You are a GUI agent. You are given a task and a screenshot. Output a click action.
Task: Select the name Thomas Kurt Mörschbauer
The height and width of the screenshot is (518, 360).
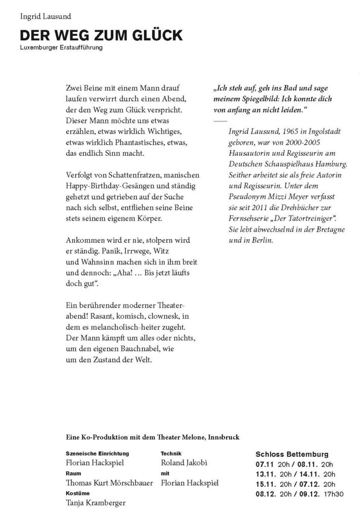point(109,483)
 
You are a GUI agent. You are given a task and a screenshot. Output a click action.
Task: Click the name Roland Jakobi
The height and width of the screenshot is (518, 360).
point(184,462)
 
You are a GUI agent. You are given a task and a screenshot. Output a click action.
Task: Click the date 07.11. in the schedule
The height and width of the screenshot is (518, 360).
point(265,464)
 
